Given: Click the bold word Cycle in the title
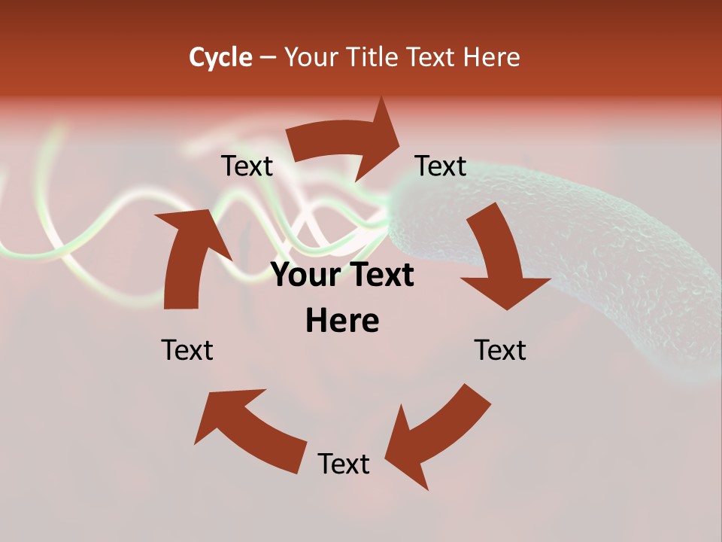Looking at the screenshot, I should click(x=220, y=57).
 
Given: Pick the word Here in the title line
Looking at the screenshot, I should click(x=492, y=57).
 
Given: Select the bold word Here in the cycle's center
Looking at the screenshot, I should click(x=342, y=321).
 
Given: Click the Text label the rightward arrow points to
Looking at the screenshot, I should click(x=441, y=166).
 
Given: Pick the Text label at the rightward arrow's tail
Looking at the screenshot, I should click(x=247, y=166).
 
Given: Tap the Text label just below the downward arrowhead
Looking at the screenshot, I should click(x=500, y=350).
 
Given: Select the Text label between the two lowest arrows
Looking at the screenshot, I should click(x=344, y=464).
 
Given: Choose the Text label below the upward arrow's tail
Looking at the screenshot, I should click(x=187, y=350).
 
